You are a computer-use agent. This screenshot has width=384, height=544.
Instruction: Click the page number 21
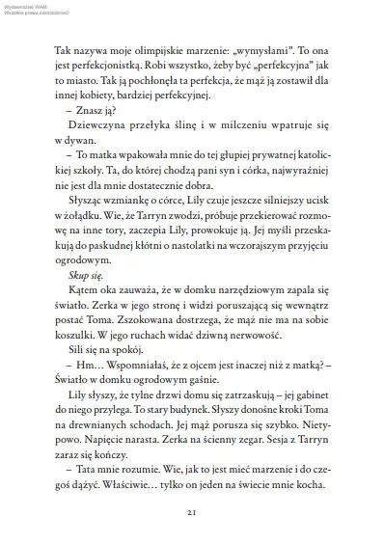(x=192, y=511)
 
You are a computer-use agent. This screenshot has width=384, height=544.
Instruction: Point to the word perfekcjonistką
(x=101, y=64)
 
